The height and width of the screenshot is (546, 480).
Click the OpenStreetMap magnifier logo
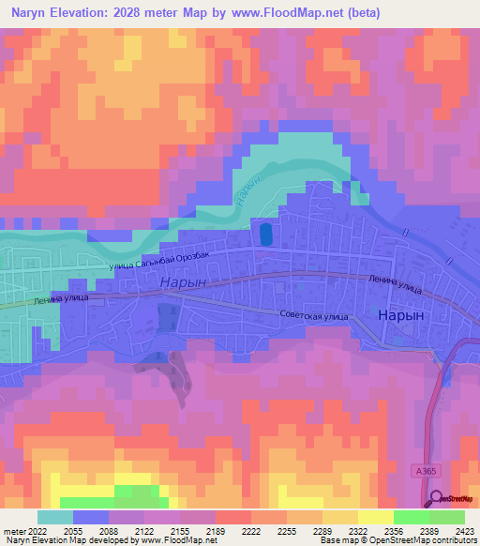point(437,498)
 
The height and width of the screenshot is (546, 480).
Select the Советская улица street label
point(313,315)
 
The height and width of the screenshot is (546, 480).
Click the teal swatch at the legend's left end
point(55,517)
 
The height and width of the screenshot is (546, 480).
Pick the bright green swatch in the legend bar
point(411,517)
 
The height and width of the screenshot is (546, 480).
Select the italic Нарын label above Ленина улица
point(182,281)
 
